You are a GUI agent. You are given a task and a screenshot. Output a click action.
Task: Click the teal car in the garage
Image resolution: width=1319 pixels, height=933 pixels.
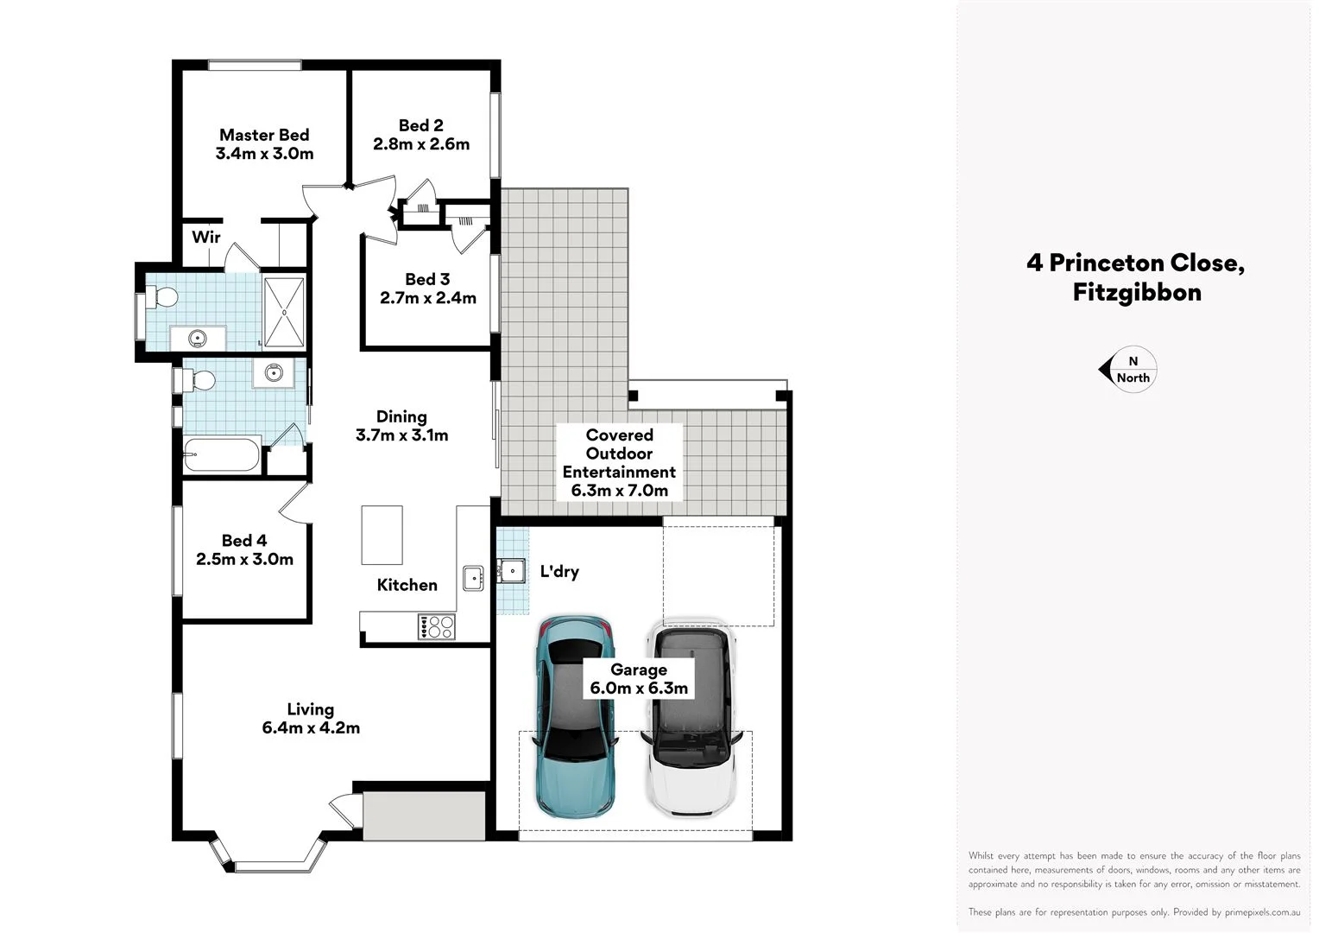tap(575, 717)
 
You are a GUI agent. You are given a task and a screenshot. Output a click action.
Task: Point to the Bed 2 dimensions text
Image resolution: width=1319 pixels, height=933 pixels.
tap(421, 145)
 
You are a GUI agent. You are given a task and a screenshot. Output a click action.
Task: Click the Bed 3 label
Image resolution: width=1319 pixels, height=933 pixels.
tap(427, 279)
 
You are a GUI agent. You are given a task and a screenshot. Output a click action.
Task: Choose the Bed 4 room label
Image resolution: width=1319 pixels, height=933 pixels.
tap(244, 541)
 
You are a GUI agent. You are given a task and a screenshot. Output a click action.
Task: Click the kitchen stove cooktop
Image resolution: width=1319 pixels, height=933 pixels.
tap(436, 626)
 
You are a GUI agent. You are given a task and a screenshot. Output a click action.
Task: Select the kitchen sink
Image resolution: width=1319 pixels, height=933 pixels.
tap(473, 577)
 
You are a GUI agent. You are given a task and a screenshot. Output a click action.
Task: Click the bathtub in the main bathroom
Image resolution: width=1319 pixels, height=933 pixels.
tap(222, 454)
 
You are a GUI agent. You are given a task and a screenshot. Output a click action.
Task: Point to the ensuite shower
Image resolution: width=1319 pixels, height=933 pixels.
tap(284, 312)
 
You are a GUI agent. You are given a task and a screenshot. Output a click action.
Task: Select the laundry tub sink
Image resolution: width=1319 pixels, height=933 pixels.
tap(511, 571)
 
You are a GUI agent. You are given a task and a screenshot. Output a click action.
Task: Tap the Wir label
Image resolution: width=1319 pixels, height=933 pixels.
tap(205, 238)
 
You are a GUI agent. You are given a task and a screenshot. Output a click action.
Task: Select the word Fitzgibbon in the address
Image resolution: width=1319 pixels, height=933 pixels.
tap(1136, 293)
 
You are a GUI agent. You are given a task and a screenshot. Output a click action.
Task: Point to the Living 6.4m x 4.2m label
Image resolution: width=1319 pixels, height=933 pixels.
tap(311, 719)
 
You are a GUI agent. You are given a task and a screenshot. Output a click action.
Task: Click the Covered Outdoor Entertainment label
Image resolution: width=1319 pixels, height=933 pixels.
tap(619, 462)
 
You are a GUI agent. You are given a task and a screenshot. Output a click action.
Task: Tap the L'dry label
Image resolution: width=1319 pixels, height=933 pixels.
tap(559, 572)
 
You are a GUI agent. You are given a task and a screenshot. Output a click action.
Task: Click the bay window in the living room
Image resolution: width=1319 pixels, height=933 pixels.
tap(268, 861)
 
